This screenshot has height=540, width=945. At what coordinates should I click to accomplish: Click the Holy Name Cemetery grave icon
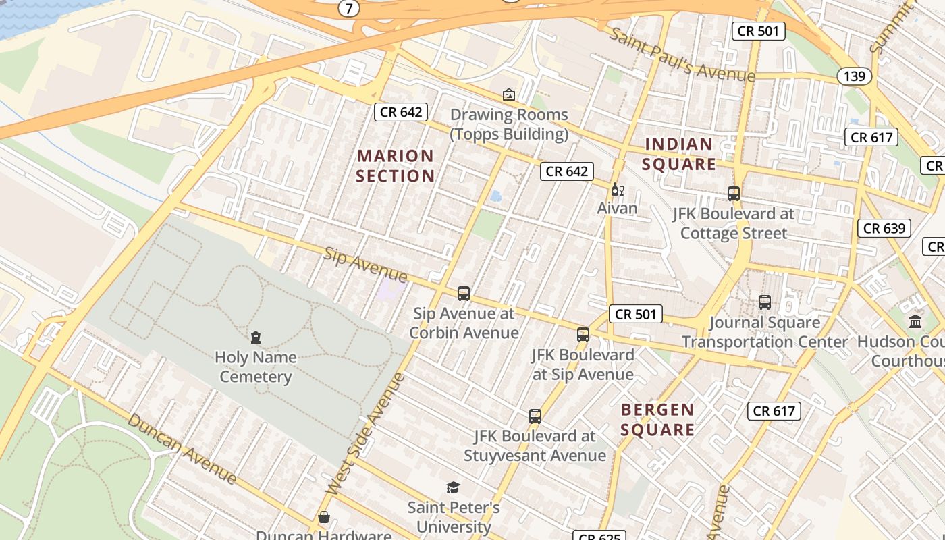click(x=255, y=337)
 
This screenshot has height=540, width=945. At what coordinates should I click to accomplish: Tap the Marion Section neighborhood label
click(x=396, y=166)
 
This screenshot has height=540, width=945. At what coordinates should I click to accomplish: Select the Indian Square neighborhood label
click(x=678, y=154)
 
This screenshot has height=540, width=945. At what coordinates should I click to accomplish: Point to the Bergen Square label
click(x=657, y=419)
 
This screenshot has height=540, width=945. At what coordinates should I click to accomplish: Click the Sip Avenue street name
click(x=365, y=265)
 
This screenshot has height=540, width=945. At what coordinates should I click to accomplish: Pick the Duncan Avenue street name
click(x=182, y=449)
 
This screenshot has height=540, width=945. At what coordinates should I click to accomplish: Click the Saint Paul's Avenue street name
click(x=681, y=54)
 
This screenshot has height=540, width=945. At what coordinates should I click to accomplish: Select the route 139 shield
click(x=854, y=76)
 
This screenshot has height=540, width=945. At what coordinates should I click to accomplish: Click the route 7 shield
click(x=348, y=9)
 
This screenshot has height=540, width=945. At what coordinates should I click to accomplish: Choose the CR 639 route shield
click(x=884, y=228)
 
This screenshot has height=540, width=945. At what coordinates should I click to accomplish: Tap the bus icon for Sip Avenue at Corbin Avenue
click(x=463, y=293)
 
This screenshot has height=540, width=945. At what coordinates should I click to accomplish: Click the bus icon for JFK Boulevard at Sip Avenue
click(x=583, y=334)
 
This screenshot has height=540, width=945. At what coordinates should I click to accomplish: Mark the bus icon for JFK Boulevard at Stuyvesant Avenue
click(x=535, y=416)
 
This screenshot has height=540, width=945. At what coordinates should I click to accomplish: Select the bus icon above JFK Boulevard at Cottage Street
click(x=733, y=193)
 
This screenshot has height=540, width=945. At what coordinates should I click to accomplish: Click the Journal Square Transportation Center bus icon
click(x=764, y=302)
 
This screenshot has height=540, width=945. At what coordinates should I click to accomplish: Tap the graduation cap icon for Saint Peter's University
click(x=453, y=487)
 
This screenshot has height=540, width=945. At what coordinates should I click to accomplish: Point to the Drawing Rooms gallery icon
click(x=508, y=94)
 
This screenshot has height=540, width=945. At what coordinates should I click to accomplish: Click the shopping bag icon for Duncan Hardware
click(x=324, y=517)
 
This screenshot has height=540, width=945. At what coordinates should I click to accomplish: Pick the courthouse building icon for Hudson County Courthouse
click(x=915, y=321)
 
